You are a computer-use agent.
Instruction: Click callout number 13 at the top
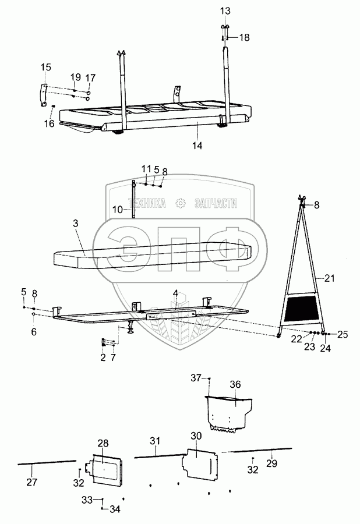tap(225, 12)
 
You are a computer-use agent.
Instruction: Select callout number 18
tap(244, 37)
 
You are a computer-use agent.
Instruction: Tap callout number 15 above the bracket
tap(45, 68)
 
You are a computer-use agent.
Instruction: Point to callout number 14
tap(198, 146)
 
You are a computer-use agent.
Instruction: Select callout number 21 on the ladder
tap(330, 279)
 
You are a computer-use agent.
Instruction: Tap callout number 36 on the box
tap(235, 384)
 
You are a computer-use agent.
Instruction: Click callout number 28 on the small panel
tap(103, 444)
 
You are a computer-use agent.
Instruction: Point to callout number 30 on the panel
tap(196, 436)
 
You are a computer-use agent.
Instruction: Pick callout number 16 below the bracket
tap(49, 123)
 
